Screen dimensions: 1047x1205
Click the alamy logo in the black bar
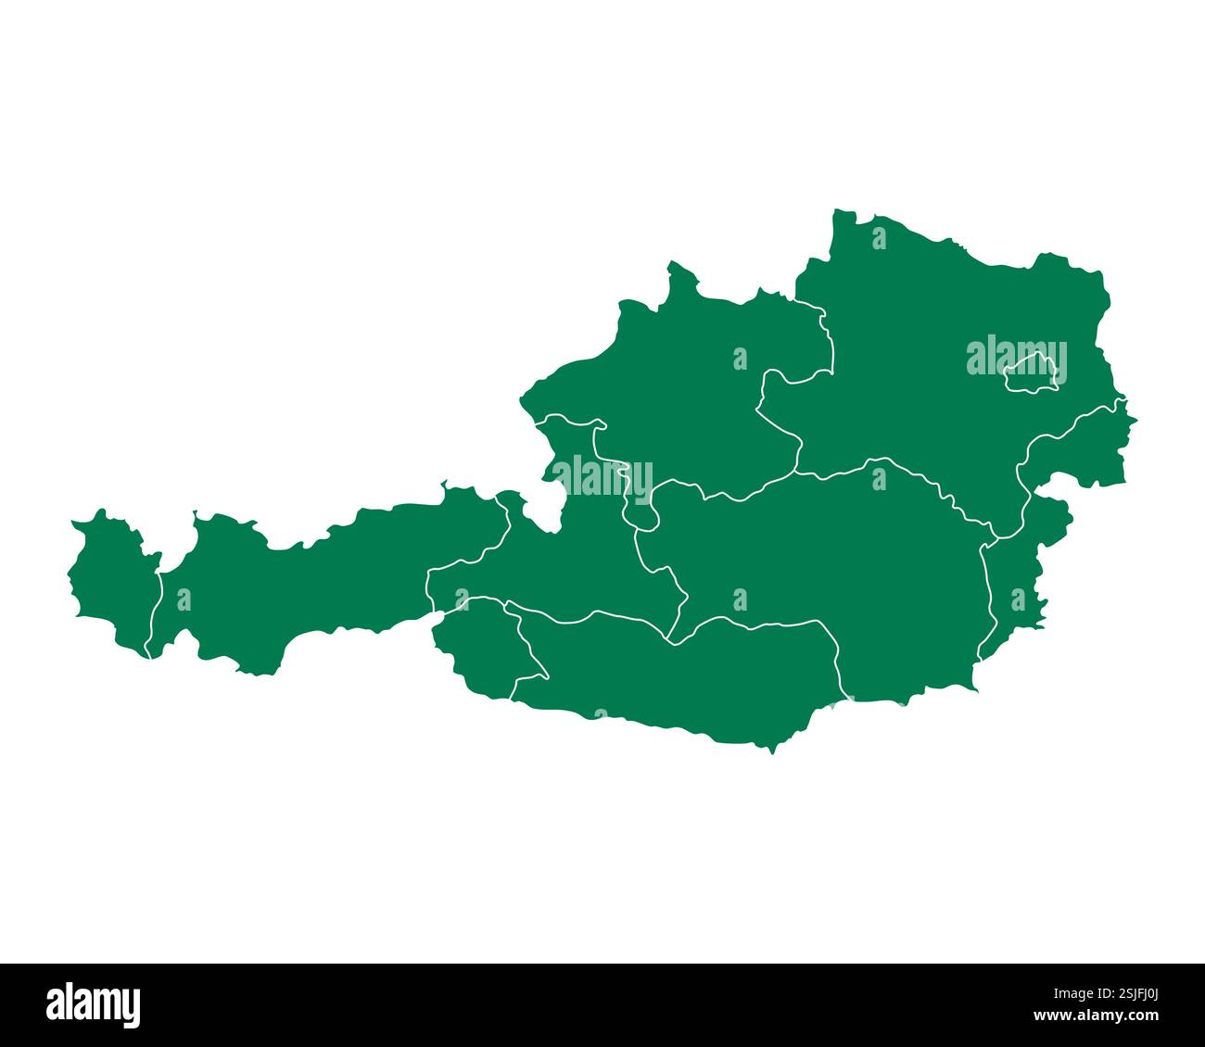(94, 1004)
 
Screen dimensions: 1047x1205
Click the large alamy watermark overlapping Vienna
(1016, 360)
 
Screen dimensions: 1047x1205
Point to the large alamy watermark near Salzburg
(602, 475)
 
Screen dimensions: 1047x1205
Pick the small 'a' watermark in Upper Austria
(740, 359)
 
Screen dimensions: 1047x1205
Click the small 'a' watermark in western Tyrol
(184, 599)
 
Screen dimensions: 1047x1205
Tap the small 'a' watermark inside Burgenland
(1018, 599)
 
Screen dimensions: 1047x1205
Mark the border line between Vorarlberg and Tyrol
(156, 612)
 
